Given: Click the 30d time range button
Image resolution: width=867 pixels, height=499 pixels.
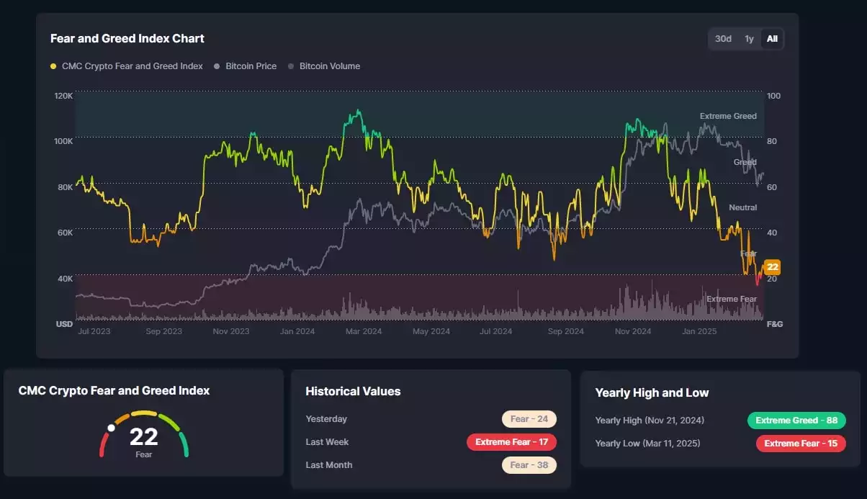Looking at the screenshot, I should (x=723, y=39).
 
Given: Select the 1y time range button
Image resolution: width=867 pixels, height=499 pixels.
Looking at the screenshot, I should (x=749, y=39).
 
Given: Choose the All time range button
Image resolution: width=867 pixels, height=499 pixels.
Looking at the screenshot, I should (x=772, y=39).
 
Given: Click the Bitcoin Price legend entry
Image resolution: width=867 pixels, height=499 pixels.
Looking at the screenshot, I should (x=251, y=66).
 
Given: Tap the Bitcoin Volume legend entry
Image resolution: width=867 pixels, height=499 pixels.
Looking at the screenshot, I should (x=329, y=66).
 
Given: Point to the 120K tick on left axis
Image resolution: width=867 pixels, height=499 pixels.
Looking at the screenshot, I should (x=63, y=96).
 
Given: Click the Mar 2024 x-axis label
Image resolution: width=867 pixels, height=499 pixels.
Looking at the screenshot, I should (x=363, y=331).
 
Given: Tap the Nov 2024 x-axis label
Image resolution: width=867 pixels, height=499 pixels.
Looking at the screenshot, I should (x=632, y=331).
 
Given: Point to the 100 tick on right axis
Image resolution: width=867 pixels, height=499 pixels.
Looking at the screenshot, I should (x=774, y=96).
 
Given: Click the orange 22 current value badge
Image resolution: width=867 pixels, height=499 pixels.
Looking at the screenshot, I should (x=773, y=267).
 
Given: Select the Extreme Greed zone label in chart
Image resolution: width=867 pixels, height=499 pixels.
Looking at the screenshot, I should (x=728, y=116).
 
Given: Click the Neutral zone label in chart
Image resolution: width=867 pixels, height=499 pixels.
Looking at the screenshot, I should (x=742, y=207).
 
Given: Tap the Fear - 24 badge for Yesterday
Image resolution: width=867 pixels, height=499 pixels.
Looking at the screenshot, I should (x=529, y=419).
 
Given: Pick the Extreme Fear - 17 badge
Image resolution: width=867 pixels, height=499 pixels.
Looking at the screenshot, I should (x=511, y=442).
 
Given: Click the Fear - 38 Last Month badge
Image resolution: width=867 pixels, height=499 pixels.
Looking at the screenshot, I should (x=529, y=465).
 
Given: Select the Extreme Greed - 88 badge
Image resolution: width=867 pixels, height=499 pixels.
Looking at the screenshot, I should (x=796, y=421).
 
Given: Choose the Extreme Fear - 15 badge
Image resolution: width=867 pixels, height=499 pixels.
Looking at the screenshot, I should (x=801, y=444).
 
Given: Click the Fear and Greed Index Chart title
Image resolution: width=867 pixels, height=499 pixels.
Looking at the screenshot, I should (x=127, y=38).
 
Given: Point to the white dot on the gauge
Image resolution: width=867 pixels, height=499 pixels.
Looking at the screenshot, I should (x=111, y=428).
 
